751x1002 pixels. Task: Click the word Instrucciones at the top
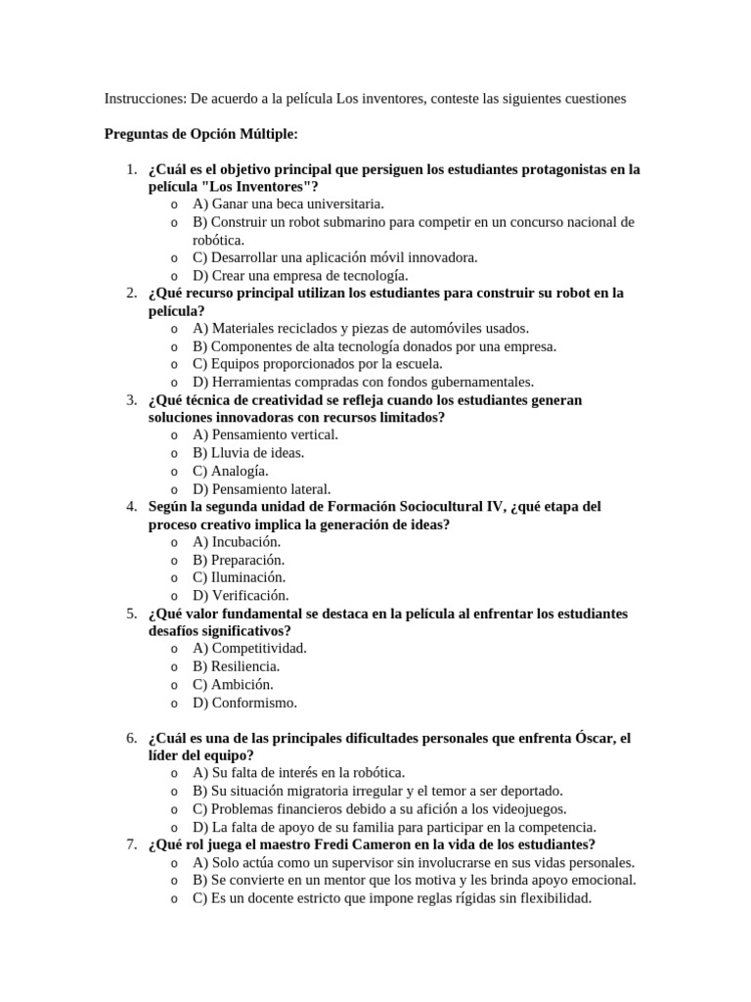pos(145,99)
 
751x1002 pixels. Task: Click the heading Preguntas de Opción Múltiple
pos(201,134)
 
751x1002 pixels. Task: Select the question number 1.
pos(132,169)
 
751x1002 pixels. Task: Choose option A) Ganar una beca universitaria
pos(288,205)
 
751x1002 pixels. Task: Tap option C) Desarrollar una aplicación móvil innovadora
pos(334,257)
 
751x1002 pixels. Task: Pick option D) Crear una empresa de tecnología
pos(300,276)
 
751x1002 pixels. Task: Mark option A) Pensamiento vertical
pos(265,435)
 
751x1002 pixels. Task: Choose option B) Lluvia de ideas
pos(248,453)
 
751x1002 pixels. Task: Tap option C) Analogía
pos(230,471)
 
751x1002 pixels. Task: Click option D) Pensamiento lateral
pos(261,489)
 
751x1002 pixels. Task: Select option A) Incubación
pos(237,542)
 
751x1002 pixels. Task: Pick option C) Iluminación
pos(239,577)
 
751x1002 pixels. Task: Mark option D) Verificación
pos(241,595)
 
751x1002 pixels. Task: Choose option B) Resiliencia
pos(236,666)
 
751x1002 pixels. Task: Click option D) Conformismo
pos(244,703)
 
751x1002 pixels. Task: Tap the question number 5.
pos(132,614)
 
